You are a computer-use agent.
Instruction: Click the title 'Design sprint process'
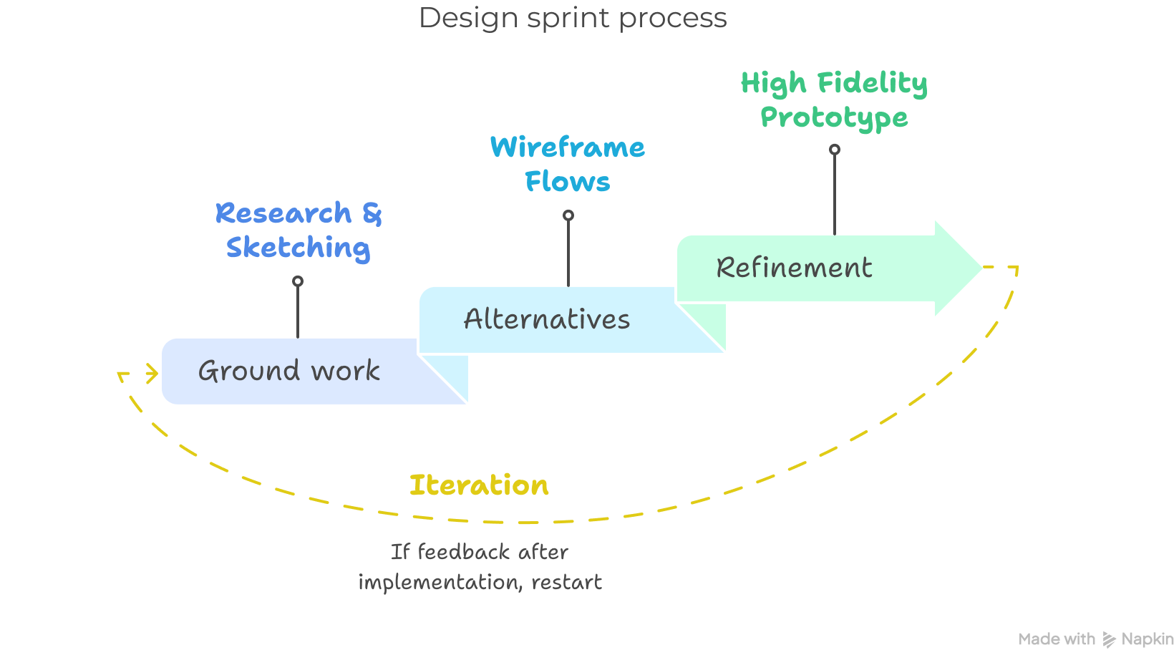point(573,18)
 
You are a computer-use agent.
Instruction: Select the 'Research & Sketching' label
point(299,231)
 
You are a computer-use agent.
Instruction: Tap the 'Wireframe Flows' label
point(568,164)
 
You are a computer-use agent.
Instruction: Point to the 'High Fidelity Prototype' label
point(834,100)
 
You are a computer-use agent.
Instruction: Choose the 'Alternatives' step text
point(547,319)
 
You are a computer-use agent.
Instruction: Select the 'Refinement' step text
point(794,268)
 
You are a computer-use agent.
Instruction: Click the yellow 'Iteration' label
point(479,485)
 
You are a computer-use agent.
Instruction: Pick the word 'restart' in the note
point(566,582)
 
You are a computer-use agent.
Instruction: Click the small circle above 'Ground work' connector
point(298,281)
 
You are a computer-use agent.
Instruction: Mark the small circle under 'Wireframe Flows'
point(568,215)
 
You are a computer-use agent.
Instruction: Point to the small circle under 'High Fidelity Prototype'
point(835,150)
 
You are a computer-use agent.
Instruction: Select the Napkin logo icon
point(1109,639)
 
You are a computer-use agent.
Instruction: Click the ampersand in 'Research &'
point(372,213)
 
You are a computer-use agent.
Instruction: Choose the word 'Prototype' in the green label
point(834,117)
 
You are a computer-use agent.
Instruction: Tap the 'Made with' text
point(1057,639)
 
